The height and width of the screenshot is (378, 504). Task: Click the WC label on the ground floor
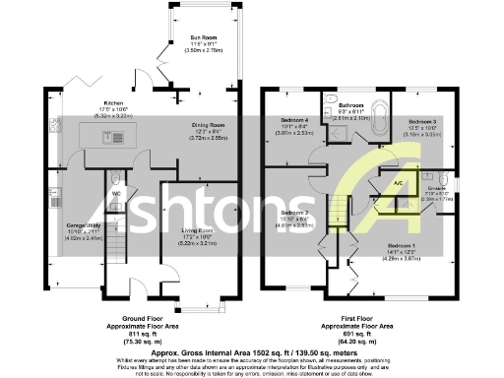point(117,193)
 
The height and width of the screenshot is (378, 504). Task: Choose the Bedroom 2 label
point(295,213)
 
